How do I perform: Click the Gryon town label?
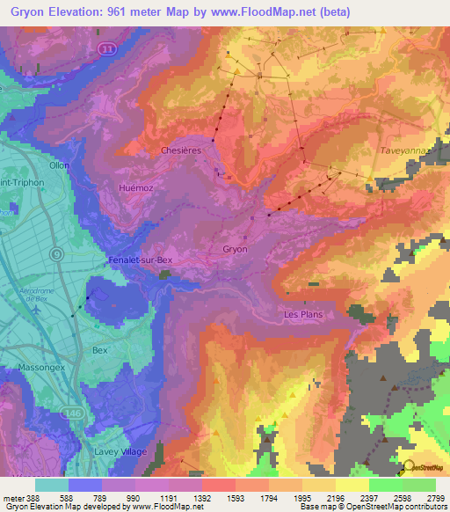pos(235,249)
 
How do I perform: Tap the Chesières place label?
pos(182,150)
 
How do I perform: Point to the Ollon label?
pos(60,165)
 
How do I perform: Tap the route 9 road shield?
pos(56,254)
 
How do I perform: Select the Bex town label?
pos(99,349)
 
